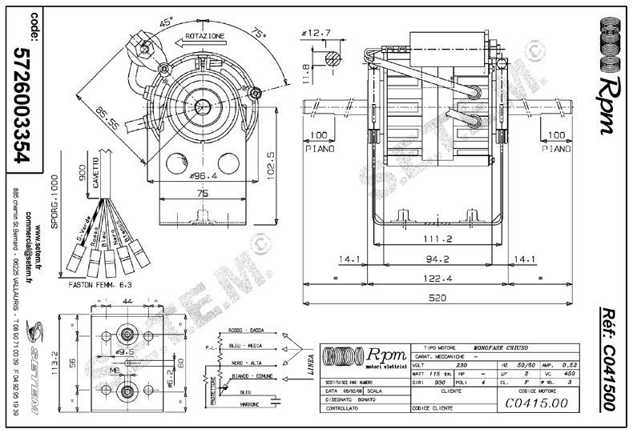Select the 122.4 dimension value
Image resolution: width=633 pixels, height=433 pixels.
click(x=433, y=278)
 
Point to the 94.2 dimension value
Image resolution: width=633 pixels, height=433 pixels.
click(x=433, y=259)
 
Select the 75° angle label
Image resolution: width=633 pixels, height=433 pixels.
click(x=259, y=34)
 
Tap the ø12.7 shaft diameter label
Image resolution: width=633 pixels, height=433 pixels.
click(x=316, y=34)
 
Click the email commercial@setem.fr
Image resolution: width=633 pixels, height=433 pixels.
click(x=51, y=232)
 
